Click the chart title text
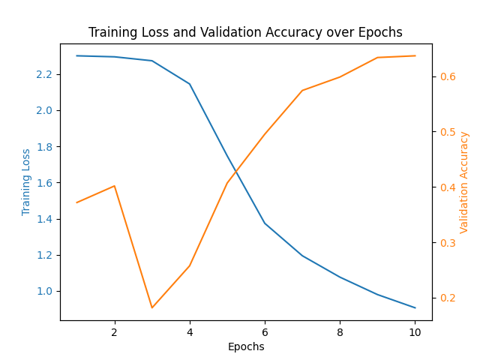pyautogui.click(x=245, y=32)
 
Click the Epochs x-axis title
pyautogui.click(x=246, y=346)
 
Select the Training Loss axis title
pyautogui.click(x=27, y=181)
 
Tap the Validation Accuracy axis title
pyautogui.click(x=464, y=182)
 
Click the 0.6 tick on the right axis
pyautogui.click(x=448, y=76)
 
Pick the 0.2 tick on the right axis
pyautogui.click(x=448, y=298)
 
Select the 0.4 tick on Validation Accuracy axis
pyautogui.click(x=448, y=187)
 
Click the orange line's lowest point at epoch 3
pyautogui.click(x=151, y=307)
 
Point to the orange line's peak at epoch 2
pyautogui.click(x=114, y=185)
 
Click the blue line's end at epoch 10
pyautogui.click(x=415, y=307)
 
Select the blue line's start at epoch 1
pyautogui.click(x=76, y=55)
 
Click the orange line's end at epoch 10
pyautogui.click(x=415, y=55)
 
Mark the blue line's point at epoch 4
pyautogui.click(x=189, y=84)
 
